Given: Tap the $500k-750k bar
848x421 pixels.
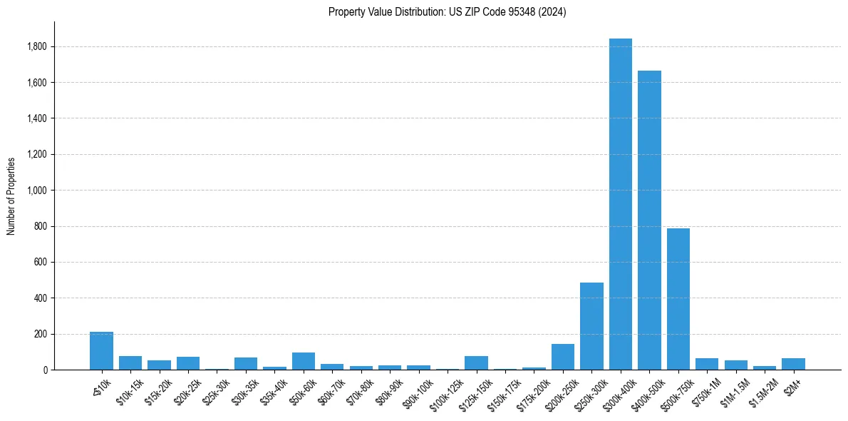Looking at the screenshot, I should (678, 299).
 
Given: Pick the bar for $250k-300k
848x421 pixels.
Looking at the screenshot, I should (591, 326).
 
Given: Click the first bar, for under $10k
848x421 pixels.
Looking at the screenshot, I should (101, 351).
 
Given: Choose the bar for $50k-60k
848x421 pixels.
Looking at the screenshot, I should (304, 361).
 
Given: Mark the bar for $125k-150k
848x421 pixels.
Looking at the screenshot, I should (476, 362).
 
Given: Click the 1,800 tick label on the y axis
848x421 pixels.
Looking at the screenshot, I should (36, 47).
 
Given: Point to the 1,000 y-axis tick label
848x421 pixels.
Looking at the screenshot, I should (36, 191).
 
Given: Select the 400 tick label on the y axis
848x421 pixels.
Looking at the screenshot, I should (40, 298).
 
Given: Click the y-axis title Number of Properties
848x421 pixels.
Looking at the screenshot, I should (11, 196).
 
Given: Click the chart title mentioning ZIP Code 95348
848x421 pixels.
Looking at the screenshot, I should (447, 12).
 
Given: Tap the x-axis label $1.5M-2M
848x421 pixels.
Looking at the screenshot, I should (762, 390).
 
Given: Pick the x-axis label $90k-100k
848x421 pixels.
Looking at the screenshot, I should (415, 392).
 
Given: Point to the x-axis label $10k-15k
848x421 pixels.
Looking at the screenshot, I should (128, 390).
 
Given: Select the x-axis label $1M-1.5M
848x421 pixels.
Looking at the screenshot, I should (733, 390).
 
